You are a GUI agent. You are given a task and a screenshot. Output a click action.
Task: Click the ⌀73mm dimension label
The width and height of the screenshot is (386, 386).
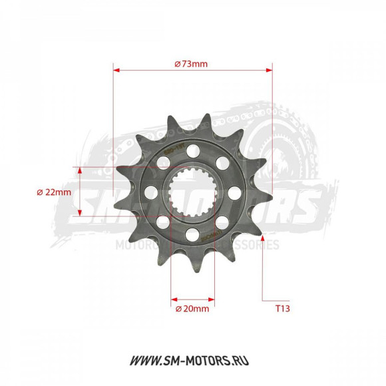[191, 64]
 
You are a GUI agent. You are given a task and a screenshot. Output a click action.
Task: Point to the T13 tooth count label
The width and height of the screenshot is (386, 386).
[284, 309]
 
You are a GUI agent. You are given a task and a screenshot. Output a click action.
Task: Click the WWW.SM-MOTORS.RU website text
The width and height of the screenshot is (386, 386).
[193, 361]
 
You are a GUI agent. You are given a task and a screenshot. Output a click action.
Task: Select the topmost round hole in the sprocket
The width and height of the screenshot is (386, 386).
[192, 150]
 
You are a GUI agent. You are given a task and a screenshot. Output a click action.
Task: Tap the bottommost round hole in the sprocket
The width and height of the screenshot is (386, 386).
[192, 234]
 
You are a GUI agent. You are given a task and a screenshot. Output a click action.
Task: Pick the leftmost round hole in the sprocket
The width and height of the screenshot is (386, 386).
[150, 192]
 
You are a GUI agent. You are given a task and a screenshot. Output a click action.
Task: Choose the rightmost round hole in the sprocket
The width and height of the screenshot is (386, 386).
[234, 192]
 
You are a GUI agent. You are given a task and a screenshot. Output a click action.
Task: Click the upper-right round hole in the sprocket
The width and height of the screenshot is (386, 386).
[222, 162]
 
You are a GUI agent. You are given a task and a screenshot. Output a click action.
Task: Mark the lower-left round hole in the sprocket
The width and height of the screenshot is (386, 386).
[162, 222]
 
